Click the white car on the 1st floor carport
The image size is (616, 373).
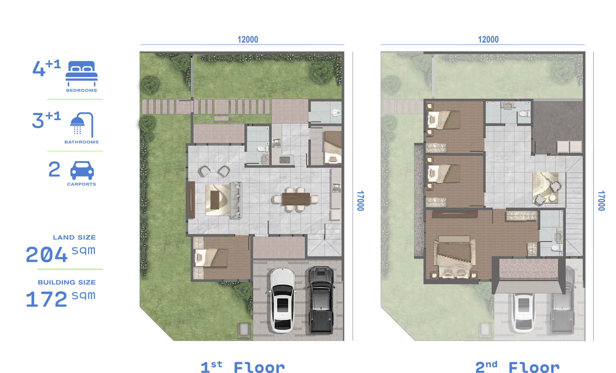point(282,300)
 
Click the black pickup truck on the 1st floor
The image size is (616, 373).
point(321,300)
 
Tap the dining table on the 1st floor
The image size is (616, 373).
point(296,199)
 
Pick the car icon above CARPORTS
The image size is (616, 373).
point(82,170)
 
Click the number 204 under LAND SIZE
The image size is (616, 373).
point(47,255)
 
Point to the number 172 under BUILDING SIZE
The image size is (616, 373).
point(47,299)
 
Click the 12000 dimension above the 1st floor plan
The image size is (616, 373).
point(248,39)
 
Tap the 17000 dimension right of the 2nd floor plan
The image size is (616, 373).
point(601,201)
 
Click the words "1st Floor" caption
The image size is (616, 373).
point(243,367)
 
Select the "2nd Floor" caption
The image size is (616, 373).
point(517,367)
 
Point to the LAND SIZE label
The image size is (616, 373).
point(74,237)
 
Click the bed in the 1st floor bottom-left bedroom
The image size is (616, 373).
point(211,257)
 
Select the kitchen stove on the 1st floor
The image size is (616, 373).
point(286,160)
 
